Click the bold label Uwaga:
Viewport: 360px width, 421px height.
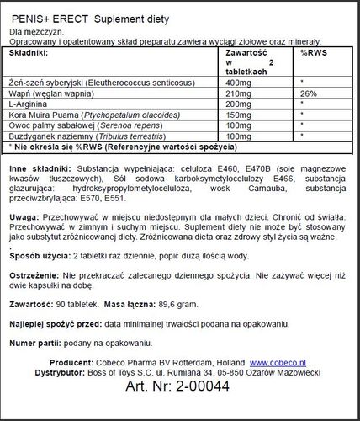[x=20, y=216]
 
